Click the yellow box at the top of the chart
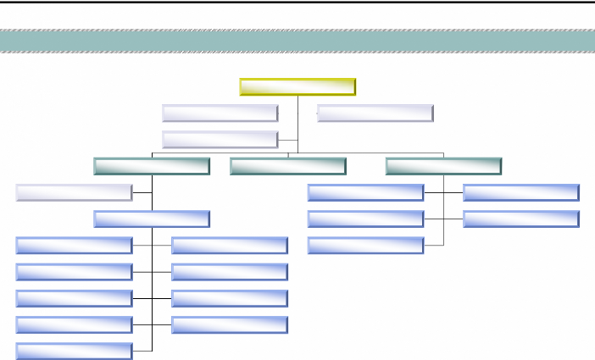click(297, 86)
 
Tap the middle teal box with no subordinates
click(287, 166)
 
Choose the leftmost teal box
click(152, 166)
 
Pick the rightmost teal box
click(443, 166)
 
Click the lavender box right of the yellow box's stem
click(375, 113)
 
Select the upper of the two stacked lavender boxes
click(220, 113)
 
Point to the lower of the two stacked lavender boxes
click(220, 139)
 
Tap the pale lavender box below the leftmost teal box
click(74, 192)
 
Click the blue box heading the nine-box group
click(152, 219)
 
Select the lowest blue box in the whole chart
click(74, 350)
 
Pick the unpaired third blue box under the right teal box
click(365, 245)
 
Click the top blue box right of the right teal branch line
click(521, 192)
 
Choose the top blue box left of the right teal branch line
click(365, 192)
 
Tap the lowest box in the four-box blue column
click(229, 324)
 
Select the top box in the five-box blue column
click(74, 245)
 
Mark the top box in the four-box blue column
click(229, 245)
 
